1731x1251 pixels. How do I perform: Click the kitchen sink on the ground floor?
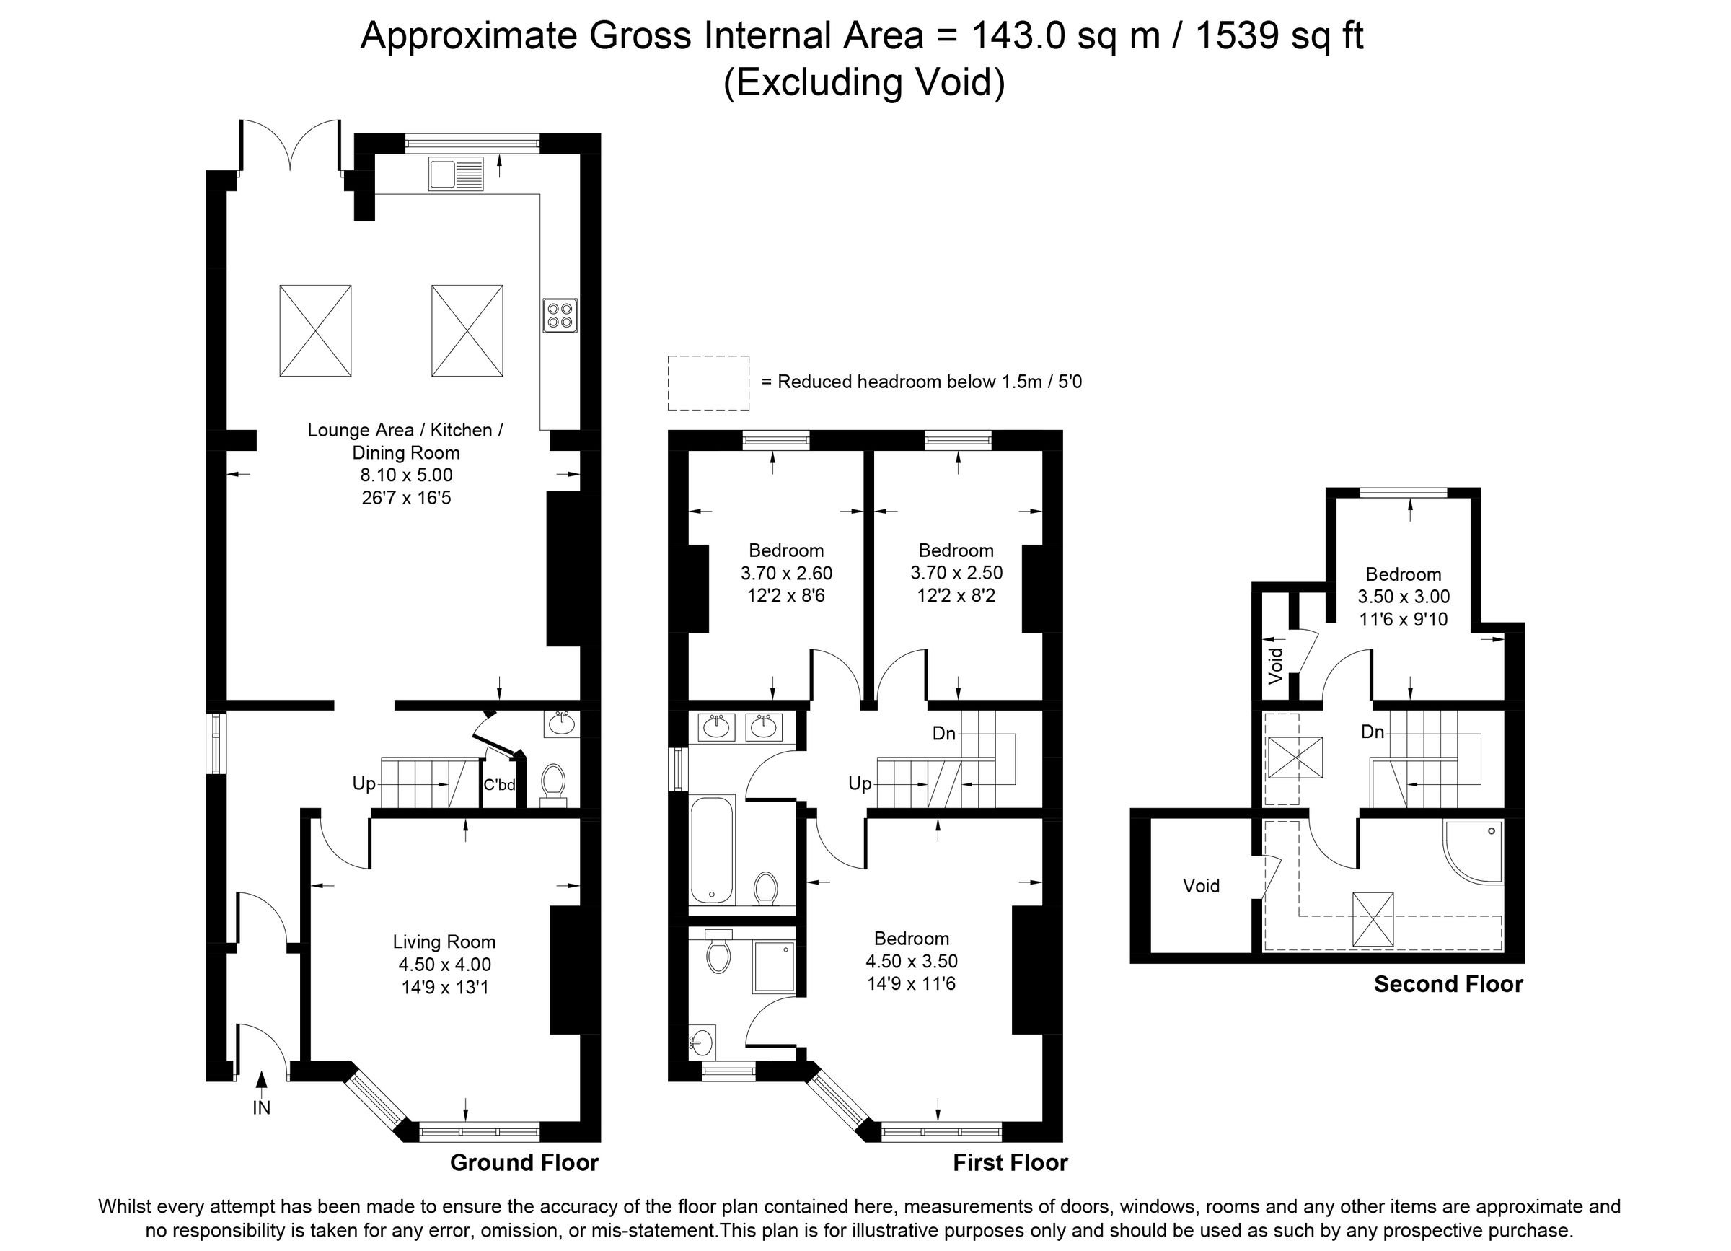pos(456,174)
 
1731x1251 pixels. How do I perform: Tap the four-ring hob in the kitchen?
pos(560,315)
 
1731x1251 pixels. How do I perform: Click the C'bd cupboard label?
pos(499,785)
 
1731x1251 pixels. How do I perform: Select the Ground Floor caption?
pos(524,1162)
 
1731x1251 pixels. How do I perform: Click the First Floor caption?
pos(1010,1162)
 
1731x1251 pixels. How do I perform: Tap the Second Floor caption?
pos(1448,984)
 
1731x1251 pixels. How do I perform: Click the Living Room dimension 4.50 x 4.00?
pos(444,964)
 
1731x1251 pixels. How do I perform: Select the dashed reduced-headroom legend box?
pos(708,382)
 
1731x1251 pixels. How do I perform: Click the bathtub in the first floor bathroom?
pos(712,850)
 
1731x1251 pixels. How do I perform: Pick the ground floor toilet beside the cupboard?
pos(552,783)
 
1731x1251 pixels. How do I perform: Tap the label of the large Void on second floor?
pos(1201,885)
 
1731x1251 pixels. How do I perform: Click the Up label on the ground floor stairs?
pos(364,783)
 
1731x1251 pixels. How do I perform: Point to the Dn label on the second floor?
pos(1373,732)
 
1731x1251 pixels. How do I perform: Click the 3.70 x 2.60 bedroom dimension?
pos(786,572)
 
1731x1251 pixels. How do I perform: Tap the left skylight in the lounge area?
pos(315,330)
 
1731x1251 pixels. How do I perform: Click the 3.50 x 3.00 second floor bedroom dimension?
pos(1403,596)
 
